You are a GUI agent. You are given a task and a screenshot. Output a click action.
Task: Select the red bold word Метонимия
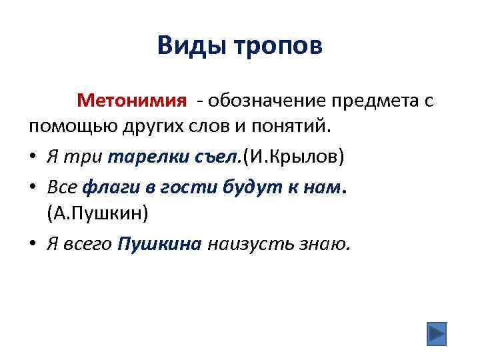point(131,101)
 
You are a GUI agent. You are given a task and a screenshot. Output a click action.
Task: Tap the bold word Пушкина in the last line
point(159,243)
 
